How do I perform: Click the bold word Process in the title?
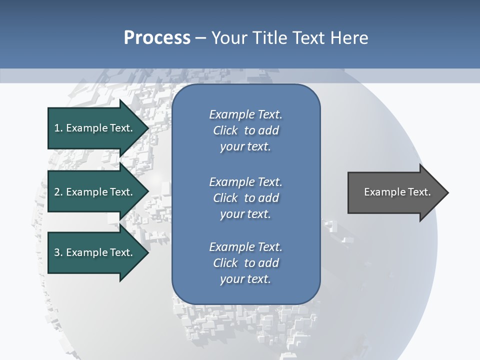click(157, 38)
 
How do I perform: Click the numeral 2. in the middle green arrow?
click(58, 192)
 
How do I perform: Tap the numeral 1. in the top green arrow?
click(58, 128)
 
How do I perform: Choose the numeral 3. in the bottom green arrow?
click(58, 252)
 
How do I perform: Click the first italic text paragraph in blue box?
click(245, 130)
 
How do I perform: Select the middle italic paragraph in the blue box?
click(245, 198)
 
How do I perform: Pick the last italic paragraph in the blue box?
click(245, 263)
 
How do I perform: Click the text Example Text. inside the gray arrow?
click(397, 192)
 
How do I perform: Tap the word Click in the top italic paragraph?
click(225, 130)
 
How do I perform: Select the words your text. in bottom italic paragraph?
click(245, 279)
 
